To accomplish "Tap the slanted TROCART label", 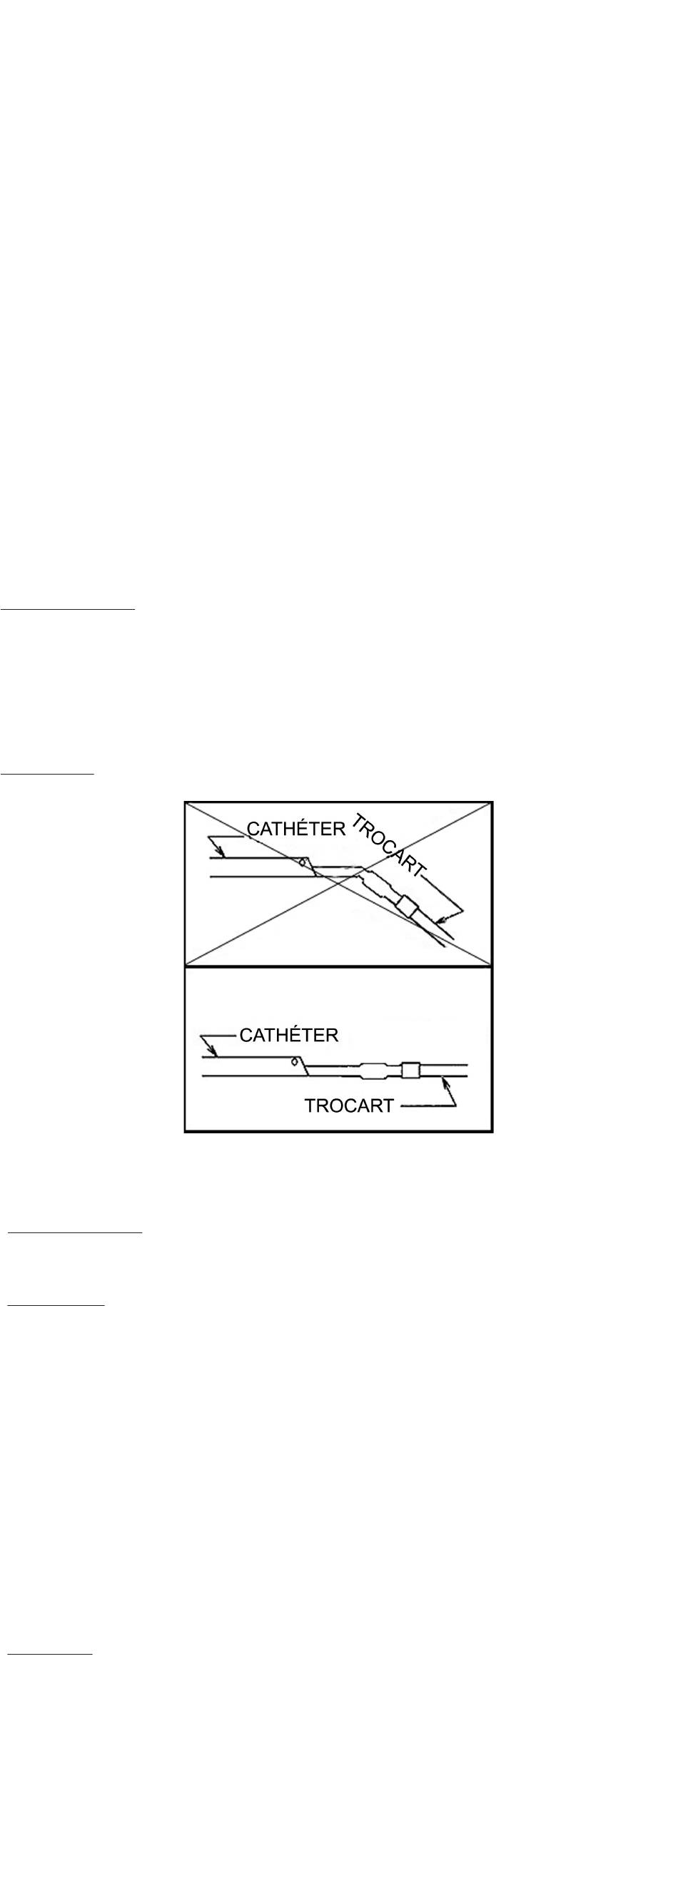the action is pyautogui.click(x=387, y=846).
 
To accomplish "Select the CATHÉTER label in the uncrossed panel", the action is pyautogui.click(x=288, y=1035).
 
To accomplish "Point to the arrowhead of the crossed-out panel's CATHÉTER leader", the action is pyautogui.click(x=222, y=855).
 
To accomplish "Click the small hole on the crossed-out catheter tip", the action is pyautogui.click(x=303, y=861).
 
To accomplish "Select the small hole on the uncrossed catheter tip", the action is pyautogui.click(x=294, y=1062).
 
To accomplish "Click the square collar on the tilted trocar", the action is pyautogui.click(x=405, y=904).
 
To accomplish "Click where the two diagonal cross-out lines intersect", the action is pyautogui.click(x=338, y=884).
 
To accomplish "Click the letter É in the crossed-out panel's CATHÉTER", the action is pyautogui.click(x=300, y=828).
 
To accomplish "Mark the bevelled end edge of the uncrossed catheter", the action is pyautogui.click(x=303, y=1066).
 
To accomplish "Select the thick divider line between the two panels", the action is pyautogui.click(x=338, y=966).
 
